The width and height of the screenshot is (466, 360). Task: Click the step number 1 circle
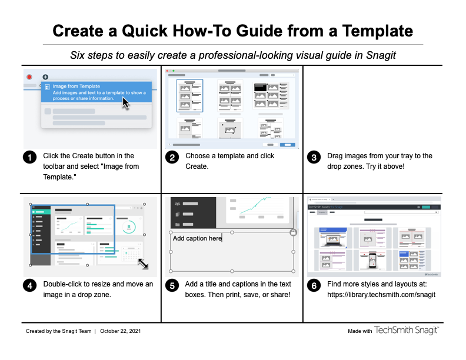pos(29,157)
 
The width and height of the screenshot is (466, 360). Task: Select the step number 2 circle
pos(171,157)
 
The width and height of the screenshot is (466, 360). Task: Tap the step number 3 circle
pos(314,157)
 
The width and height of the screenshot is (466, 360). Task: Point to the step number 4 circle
pos(29,286)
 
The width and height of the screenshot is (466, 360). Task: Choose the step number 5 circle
pos(171,286)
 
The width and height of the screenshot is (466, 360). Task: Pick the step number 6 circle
pos(314,286)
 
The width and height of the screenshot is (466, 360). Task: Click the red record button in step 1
pos(29,77)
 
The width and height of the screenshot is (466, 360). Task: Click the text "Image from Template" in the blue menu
pos(76,86)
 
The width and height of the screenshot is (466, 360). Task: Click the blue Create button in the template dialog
pos(287,144)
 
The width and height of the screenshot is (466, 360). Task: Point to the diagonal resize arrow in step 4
pos(143,264)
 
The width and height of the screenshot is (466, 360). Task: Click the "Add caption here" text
pos(197,238)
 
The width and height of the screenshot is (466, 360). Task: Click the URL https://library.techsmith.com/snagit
pos(381,295)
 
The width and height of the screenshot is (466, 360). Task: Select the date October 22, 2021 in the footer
pos(121,331)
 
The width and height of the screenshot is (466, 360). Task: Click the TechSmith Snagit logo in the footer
pos(407,331)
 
